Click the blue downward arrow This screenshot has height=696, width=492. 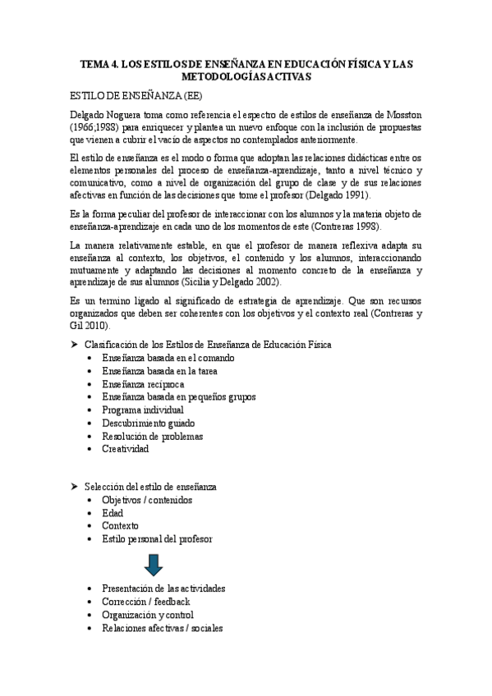152,564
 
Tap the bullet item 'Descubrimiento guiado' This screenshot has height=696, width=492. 148,423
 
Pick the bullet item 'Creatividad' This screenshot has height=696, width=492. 125,449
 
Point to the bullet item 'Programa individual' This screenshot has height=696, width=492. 143,410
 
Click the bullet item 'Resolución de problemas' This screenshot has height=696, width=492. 152,436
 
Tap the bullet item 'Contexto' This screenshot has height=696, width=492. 120,526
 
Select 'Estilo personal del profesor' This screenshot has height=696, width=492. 157,539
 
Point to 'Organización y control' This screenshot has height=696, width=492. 148,615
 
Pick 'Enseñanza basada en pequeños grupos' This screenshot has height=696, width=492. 178,396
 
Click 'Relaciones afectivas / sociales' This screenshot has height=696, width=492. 162,628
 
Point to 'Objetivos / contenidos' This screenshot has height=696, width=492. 147,500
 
